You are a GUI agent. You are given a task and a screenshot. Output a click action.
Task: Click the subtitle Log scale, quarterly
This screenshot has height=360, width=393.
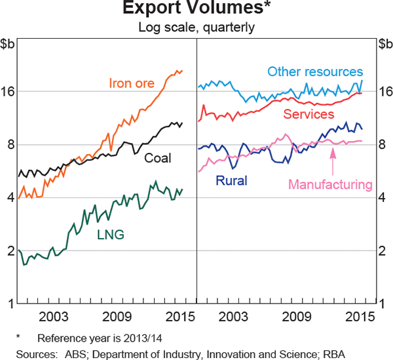196,28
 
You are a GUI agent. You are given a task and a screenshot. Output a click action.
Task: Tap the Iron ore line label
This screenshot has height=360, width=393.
132,83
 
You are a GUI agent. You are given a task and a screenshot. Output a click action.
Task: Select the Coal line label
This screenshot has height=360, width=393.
159,157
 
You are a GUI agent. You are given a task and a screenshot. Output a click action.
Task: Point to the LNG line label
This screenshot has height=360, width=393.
111,234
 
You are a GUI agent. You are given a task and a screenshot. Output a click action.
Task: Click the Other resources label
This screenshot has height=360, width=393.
315,71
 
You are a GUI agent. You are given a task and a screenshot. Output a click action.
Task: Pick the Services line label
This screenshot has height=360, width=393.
309,114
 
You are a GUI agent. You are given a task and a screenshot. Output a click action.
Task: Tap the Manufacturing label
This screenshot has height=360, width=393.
330,184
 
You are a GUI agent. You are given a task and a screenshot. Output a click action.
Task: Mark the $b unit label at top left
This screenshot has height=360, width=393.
10,45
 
